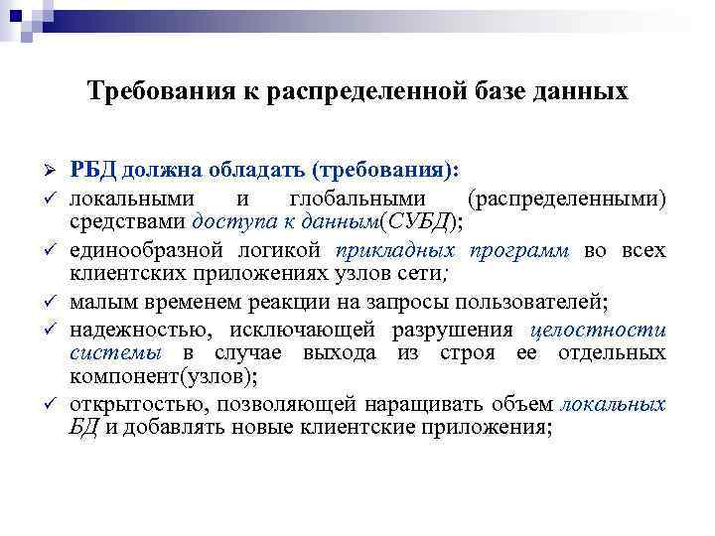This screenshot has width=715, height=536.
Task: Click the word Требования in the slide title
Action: click(150, 92)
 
